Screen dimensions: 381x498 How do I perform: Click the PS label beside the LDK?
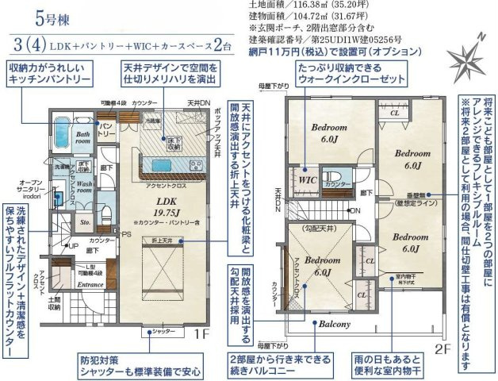125,236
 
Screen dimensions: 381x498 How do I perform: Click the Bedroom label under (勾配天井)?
318,261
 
